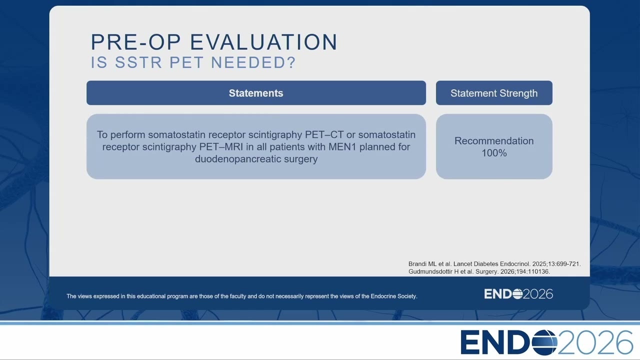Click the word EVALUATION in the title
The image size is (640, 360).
pos(263,42)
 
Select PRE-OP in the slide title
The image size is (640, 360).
pos(135,42)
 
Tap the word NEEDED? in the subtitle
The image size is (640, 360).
pos(253,62)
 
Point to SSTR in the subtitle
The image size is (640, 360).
pos(138,62)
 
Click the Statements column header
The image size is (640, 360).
pos(256,93)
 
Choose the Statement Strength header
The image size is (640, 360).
pos(494,93)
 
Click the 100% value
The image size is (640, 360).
pos(494,153)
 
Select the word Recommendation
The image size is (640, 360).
pos(494,141)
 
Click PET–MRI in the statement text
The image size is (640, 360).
pos(221,147)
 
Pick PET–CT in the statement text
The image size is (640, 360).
pos(324,134)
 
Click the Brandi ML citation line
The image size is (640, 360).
pos(494,264)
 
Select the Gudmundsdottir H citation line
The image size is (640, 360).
pos(479,271)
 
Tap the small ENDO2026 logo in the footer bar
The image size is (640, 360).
pos(518,294)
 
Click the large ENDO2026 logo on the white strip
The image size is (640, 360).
pos(546,342)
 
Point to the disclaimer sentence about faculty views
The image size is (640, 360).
pos(241,296)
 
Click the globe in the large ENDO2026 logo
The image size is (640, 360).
pos(544,342)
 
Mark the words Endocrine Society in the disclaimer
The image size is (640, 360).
pos(393,296)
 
